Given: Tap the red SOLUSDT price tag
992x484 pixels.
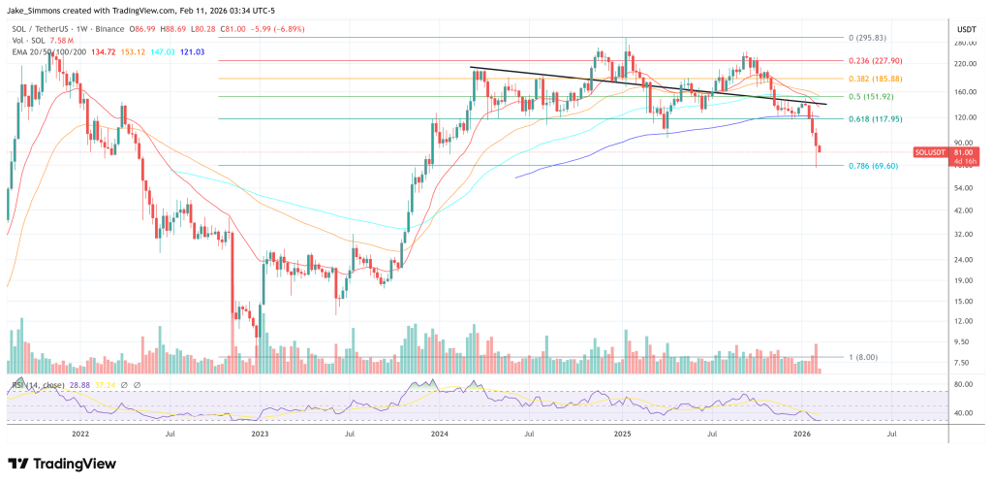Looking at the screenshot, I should click(x=934, y=152).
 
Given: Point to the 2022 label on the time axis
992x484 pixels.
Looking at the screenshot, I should click(x=80, y=436).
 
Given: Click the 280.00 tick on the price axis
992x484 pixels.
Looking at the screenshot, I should click(x=962, y=44).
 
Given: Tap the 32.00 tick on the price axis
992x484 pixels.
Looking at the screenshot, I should click(x=962, y=235).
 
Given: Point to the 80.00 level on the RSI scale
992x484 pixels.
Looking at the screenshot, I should click(x=962, y=385).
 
